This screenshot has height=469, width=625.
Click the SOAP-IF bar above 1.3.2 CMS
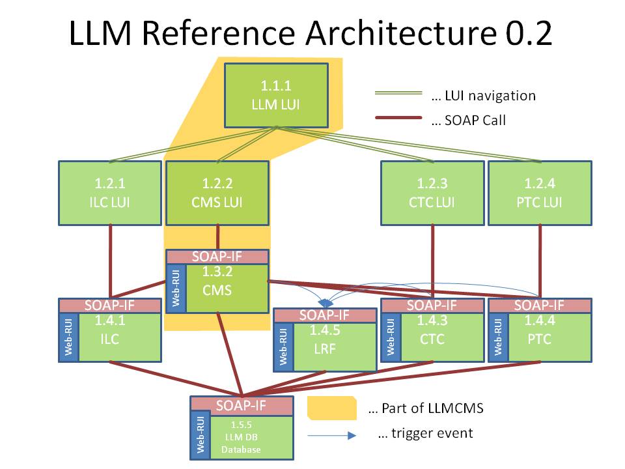pos(217,257)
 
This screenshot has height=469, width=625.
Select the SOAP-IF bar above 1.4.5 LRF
pos(325,315)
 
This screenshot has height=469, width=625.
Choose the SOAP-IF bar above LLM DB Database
pos(241,404)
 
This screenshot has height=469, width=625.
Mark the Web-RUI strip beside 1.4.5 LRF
pos(283,347)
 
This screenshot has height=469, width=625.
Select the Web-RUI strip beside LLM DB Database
pos(199,436)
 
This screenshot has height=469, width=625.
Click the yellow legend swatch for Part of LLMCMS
pos(331,408)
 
